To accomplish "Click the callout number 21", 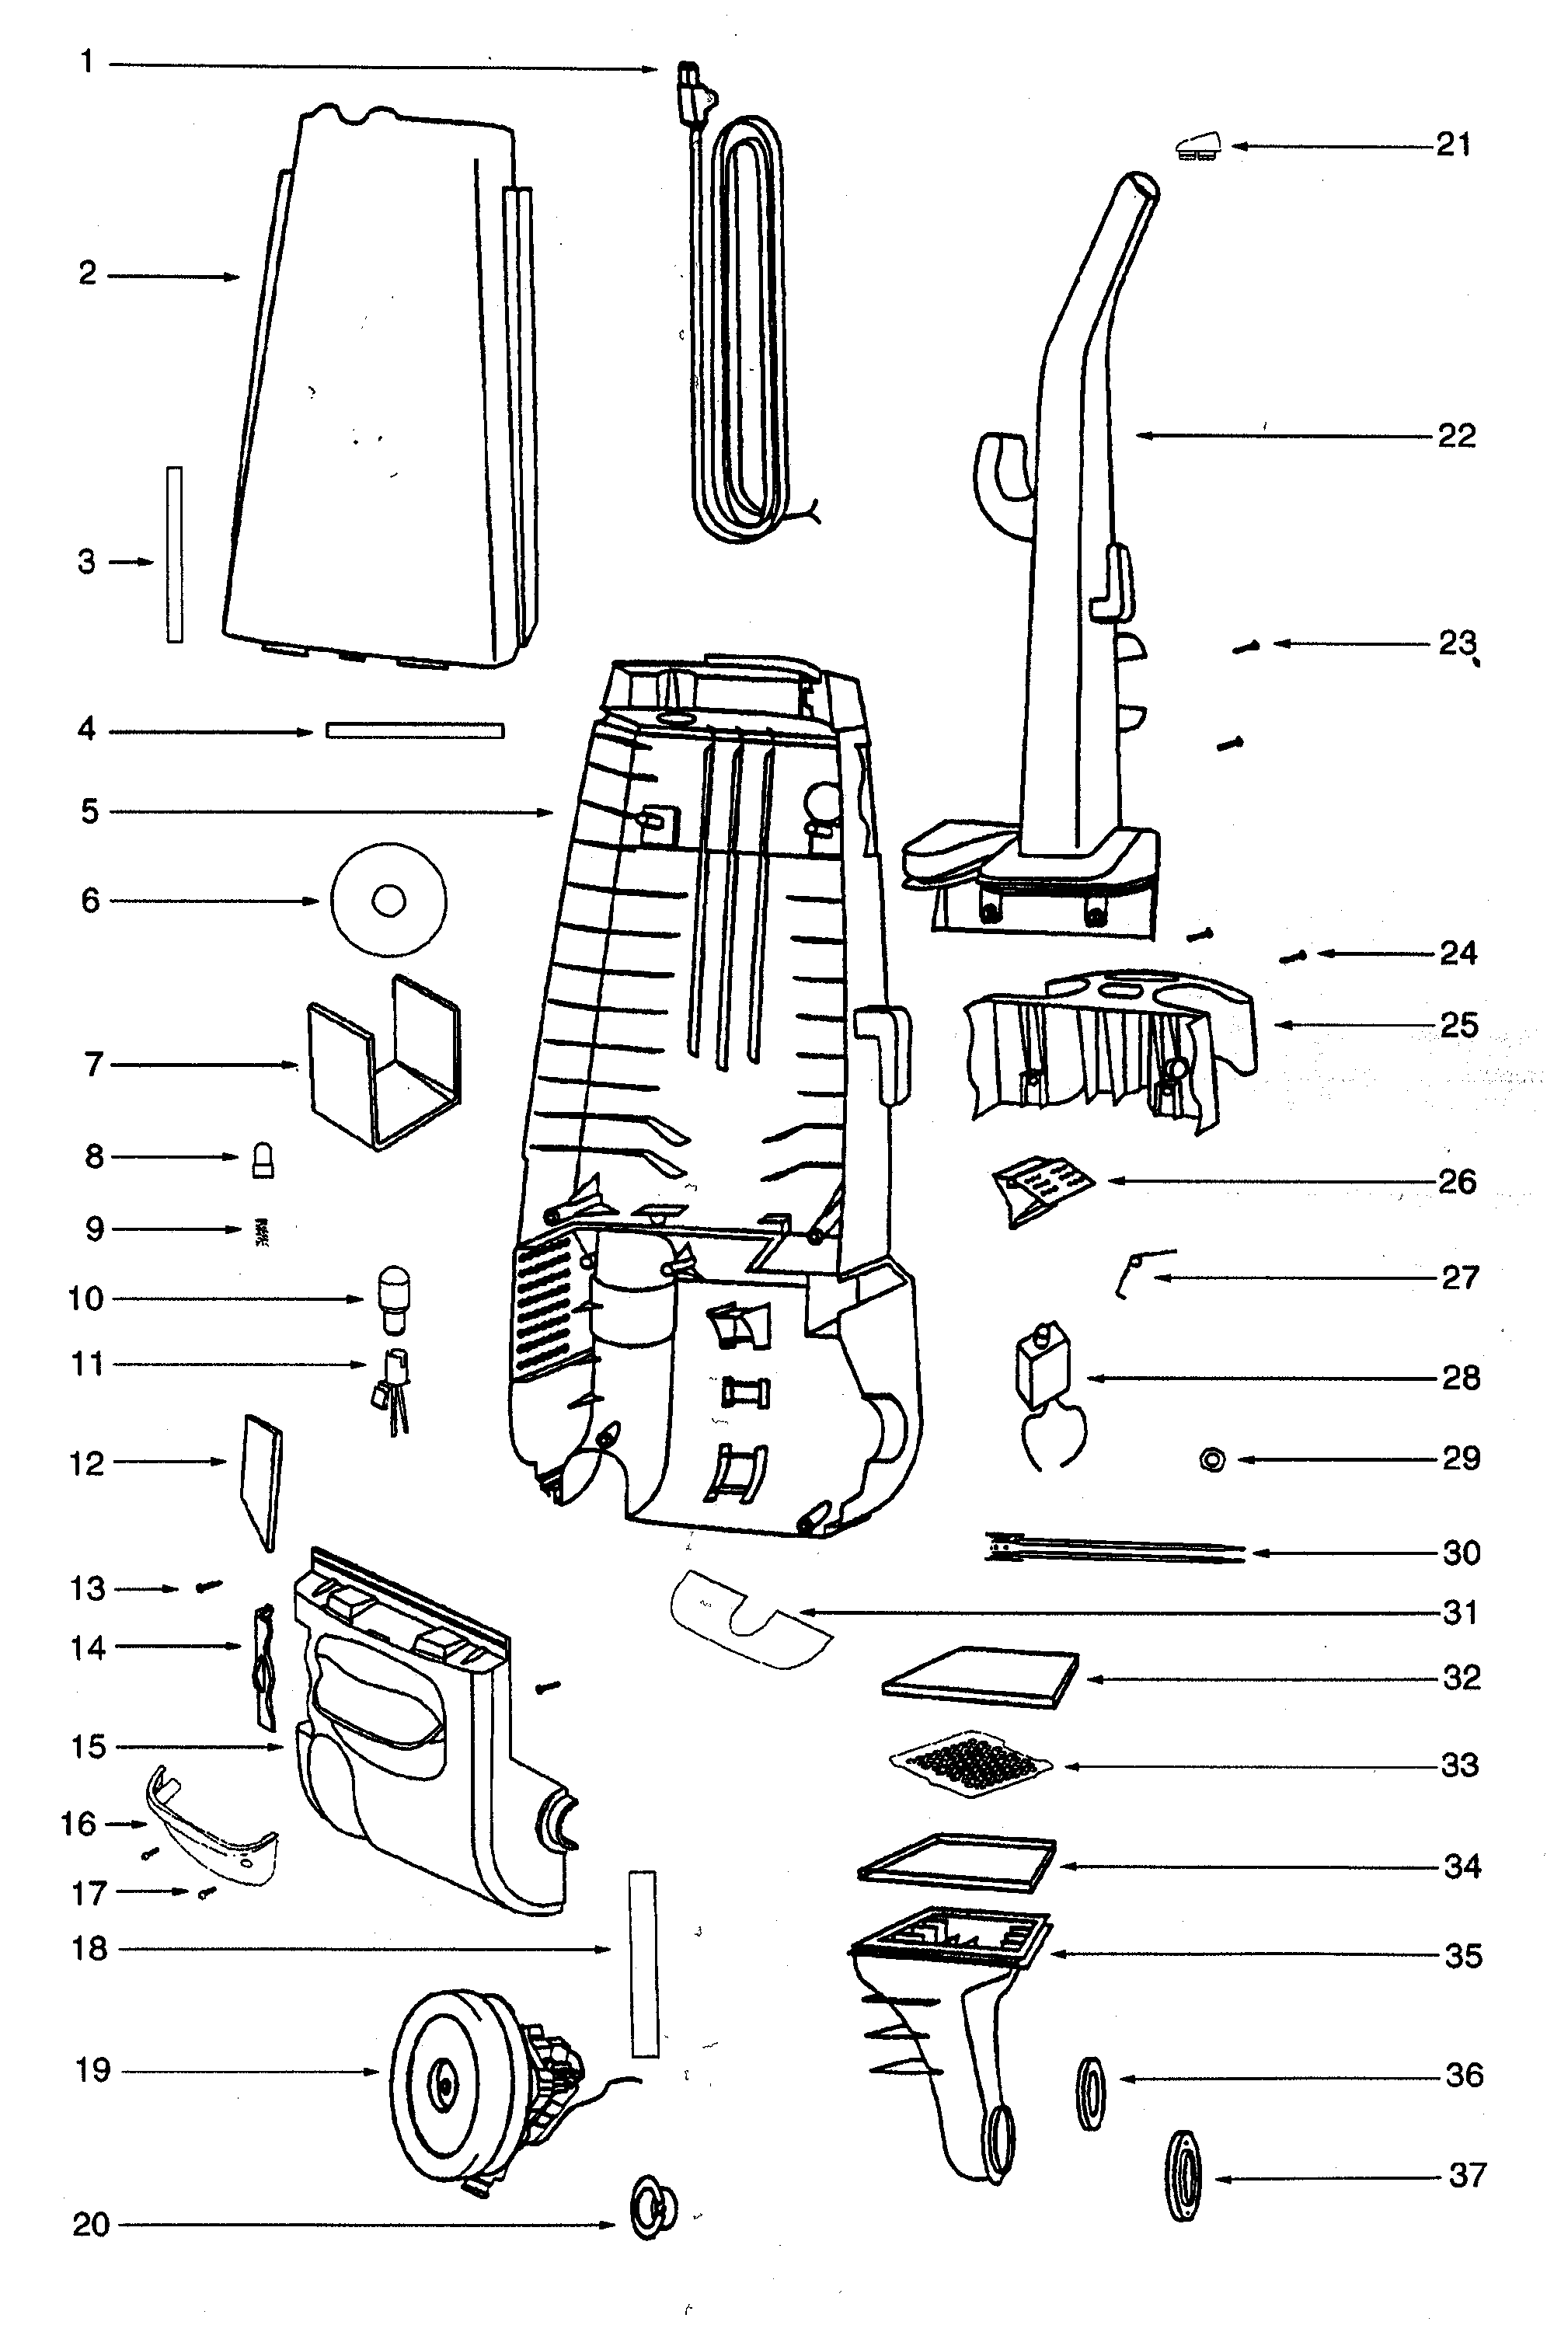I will [x=1452, y=145].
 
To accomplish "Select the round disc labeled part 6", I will [x=388, y=900].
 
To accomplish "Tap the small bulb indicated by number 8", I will [x=263, y=1160].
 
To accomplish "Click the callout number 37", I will [x=1466, y=2174].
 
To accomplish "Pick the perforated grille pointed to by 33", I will [x=970, y=1764].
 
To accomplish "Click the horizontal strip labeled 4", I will [x=414, y=731].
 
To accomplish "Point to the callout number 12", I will [x=87, y=1463].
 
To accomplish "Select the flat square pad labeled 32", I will [x=979, y=1677].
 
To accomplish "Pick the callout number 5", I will [x=90, y=812].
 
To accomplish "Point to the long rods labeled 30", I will [x=1115, y=1549].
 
